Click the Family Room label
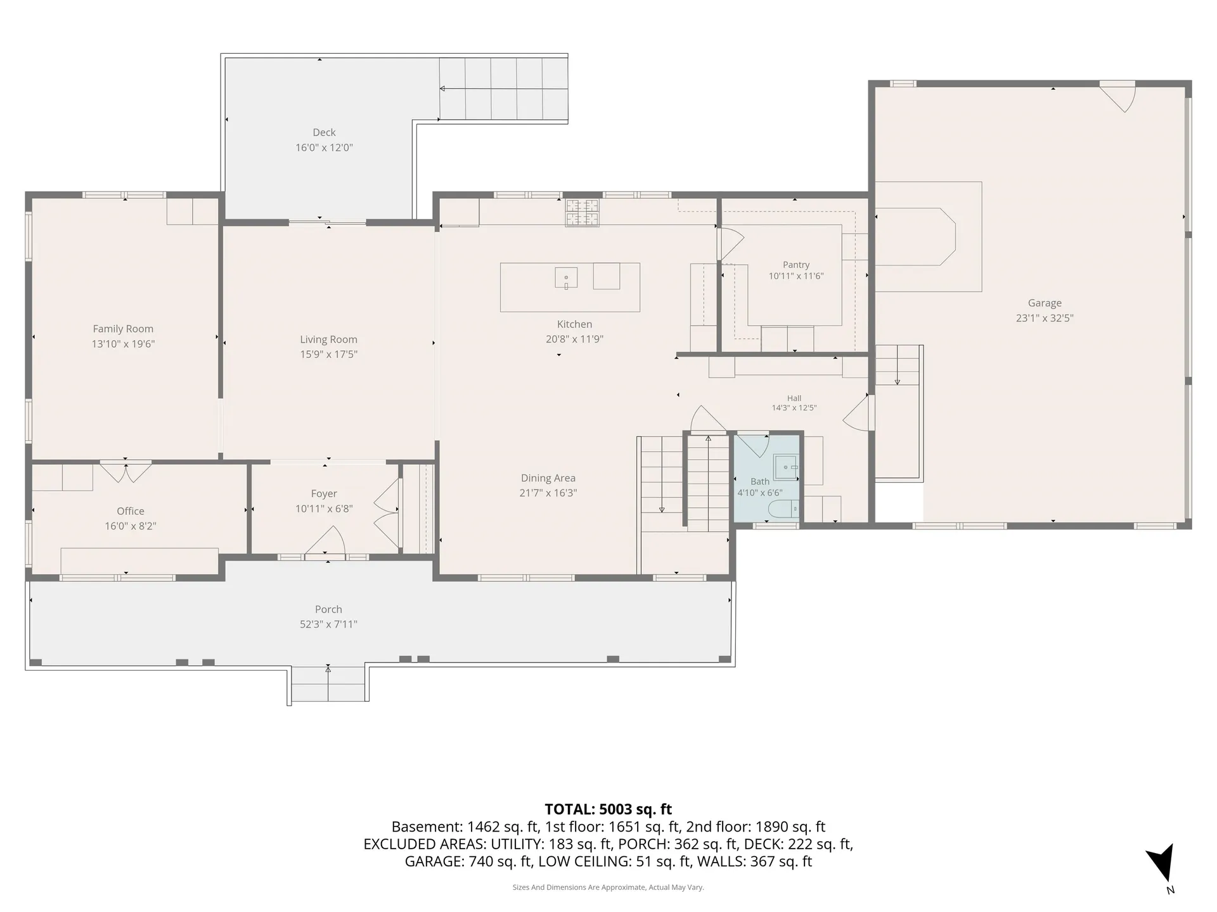click(123, 329)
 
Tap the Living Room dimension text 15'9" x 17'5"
click(328, 355)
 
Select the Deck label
click(324, 132)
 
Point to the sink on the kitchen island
click(566, 278)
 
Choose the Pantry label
click(796, 265)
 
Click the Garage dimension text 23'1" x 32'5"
click(1045, 319)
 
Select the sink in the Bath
click(786, 467)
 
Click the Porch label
click(328, 609)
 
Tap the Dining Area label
click(548, 478)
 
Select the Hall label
click(794, 398)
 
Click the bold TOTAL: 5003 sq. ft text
click(608, 809)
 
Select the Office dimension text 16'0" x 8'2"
click(131, 526)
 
